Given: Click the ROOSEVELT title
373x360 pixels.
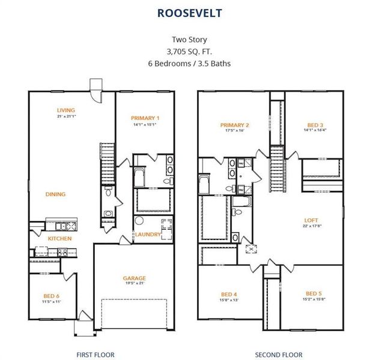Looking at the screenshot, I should [190, 12].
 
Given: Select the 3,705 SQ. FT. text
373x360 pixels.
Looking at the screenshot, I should [190, 51].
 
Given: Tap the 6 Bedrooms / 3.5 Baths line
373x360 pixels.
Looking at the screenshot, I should [190, 62].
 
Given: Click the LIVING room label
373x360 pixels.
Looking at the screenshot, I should [66, 110].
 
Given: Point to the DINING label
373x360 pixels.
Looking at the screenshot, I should [55, 194].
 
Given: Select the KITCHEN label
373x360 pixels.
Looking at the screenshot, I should [59, 238].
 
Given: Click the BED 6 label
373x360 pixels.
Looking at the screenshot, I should [51, 296].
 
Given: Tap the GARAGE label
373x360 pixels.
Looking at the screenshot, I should [135, 278].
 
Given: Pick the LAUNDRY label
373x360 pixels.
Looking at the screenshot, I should [147, 234].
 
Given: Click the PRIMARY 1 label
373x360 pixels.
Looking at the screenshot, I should [145, 118].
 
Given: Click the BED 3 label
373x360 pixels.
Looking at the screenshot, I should [315, 125].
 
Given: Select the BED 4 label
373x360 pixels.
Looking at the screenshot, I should [229, 294].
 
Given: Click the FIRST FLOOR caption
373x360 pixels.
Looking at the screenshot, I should [96, 355].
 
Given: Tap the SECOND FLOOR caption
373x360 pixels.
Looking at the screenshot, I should [279, 355].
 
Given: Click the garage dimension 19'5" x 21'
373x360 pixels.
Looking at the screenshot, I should [135, 284].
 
